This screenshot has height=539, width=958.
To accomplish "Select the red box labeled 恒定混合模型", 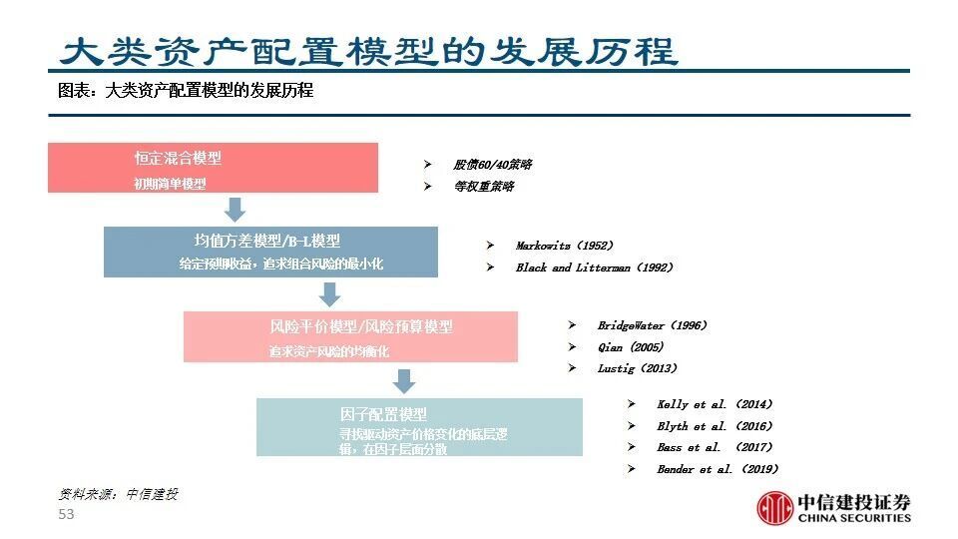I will click(214, 168).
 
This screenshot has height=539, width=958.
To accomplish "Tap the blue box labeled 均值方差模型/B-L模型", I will click(270, 252).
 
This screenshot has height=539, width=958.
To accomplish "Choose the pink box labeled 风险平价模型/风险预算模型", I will click(350, 336).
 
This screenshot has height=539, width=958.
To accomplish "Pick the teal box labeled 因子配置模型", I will click(419, 427).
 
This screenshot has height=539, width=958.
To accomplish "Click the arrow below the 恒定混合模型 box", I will click(235, 209).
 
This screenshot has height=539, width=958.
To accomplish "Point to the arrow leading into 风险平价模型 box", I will click(329, 293).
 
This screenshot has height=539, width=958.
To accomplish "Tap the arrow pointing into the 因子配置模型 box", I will click(403, 380).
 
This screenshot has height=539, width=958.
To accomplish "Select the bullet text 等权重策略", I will click(484, 186).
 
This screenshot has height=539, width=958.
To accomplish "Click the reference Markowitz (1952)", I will click(565, 246).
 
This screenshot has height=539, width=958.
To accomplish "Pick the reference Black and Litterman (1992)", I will click(595, 268).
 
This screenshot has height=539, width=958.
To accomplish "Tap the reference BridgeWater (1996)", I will click(653, 325).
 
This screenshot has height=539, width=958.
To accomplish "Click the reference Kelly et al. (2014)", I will click(715, 404).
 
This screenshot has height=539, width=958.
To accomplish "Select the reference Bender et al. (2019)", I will click(718, 469).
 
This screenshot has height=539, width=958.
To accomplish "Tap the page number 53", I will click(66, 515).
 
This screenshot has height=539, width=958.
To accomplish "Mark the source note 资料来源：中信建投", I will click(118, 494).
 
